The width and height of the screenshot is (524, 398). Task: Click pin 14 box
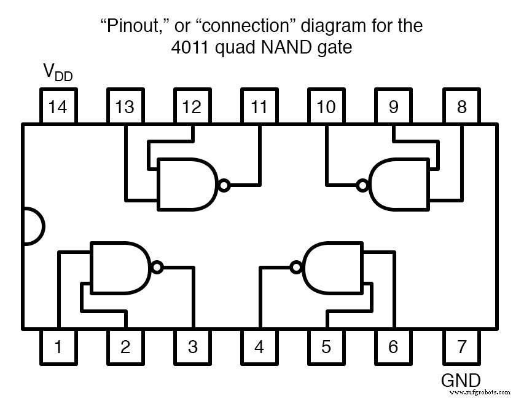(x=57, y=107)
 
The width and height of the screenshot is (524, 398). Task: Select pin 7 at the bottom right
(x=461, y=346)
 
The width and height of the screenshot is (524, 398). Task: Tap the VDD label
(x=57, y=73)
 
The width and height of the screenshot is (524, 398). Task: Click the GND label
(x=461, y=380)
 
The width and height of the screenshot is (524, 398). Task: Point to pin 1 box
(x=57, y=346)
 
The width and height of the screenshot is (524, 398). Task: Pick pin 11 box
(x=259, y=107)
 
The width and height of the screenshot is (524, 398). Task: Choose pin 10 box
(x=326, y=107)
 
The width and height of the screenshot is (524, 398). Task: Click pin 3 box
(x=192, y=346)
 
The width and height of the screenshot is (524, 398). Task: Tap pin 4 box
(x=259, y=346)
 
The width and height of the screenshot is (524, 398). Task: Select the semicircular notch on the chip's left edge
(x=32, y=226)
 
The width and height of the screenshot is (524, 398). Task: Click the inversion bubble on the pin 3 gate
(x=157, y=268)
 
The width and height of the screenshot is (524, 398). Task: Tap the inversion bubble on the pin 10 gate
(x=363, y=184)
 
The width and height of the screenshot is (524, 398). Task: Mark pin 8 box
(x=461, y=107)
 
